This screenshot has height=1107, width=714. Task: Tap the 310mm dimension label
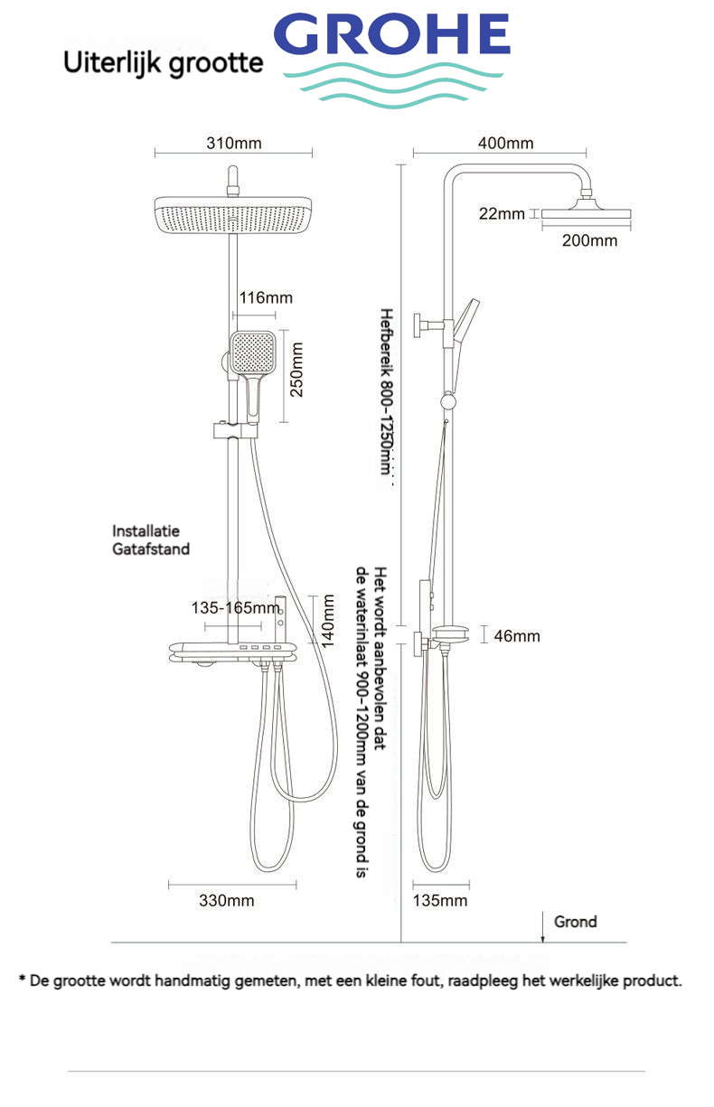[233, 144]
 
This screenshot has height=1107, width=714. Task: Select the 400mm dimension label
[506, 144]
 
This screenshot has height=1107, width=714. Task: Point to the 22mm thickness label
[502, 214]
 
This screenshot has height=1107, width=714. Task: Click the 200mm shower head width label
[589, 240]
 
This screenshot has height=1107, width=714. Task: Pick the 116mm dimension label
[266, 297]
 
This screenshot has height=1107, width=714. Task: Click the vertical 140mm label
[329, 621]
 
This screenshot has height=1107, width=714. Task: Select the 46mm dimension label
[517, 636]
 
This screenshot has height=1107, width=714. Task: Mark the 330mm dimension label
[227, 901]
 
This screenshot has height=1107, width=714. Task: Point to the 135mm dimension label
[440, 901]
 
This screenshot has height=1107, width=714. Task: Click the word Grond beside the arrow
[576, 922]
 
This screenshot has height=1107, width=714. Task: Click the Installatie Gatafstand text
[151, 539]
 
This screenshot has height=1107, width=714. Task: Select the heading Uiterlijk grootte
[163, 62]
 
